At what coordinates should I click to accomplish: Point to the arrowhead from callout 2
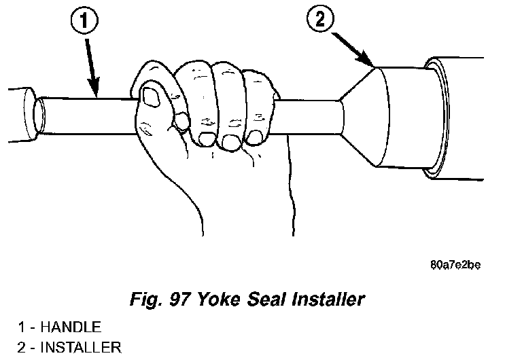(370, 65)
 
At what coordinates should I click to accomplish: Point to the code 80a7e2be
(456, 264)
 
